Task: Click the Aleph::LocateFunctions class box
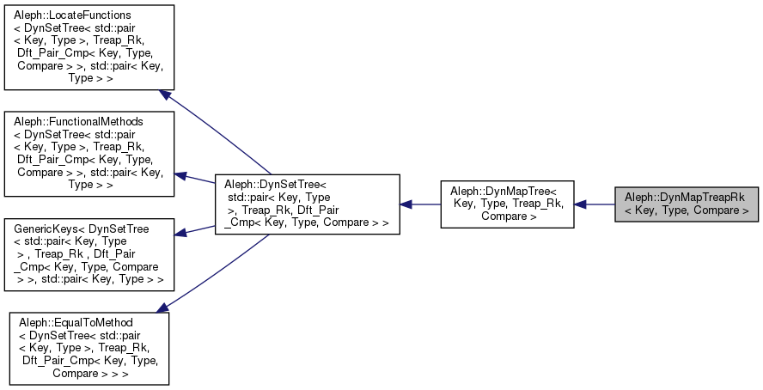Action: pos(89,47)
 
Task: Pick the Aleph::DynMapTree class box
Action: pos(507,204)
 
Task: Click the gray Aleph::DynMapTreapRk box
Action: pos(686,204)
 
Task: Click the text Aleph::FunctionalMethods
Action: pos(78,122)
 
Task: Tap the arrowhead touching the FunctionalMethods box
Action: pos(181,175)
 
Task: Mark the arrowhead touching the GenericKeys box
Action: pos(181,232)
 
